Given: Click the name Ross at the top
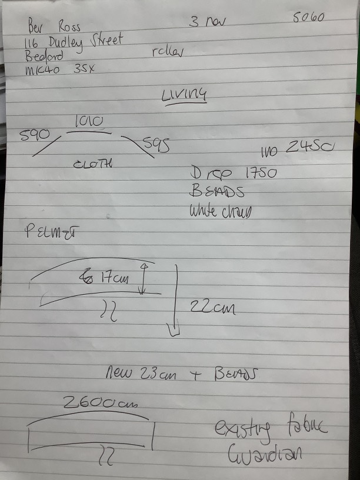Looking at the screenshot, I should (70, 27).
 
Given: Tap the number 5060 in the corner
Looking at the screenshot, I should (308, 17).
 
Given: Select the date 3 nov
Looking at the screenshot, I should (208, 22).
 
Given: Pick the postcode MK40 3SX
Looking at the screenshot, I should (60, 69).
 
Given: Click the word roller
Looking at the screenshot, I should (168, 51).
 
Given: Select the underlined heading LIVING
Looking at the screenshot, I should (184, 95).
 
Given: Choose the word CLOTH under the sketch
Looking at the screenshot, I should (93, 164).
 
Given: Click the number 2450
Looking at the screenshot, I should (309, 148).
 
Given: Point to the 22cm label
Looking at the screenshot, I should (211, 306).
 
